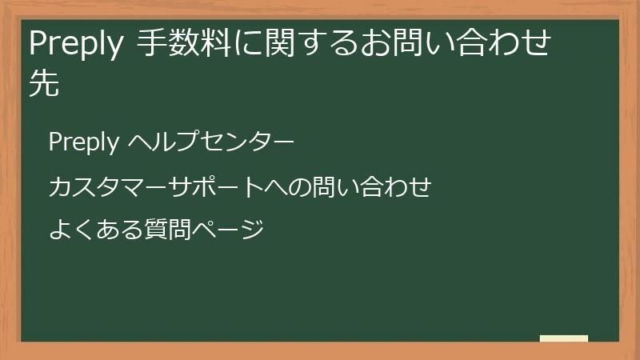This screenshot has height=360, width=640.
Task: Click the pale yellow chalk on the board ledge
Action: (564, 338)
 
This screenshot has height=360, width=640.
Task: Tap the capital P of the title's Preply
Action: (37, 45)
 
